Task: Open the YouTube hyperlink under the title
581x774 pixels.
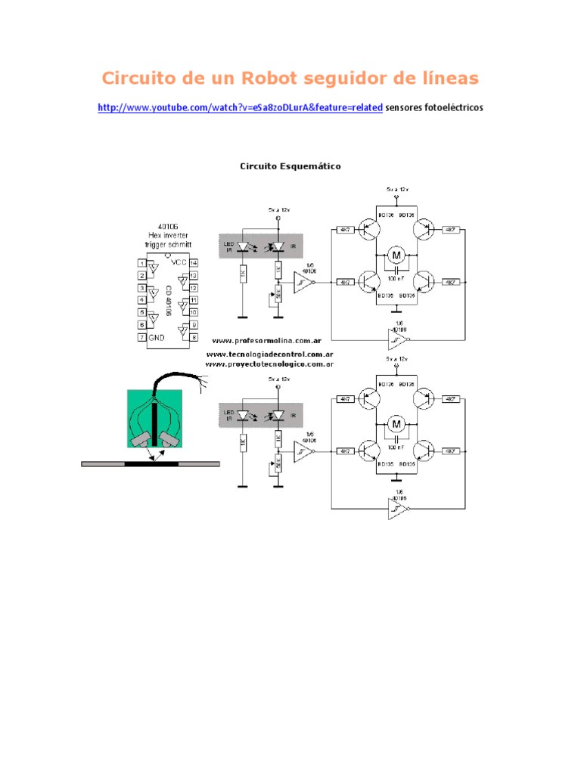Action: click(x=240, y=108)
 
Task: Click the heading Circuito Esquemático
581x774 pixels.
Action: click(x=290, y=166)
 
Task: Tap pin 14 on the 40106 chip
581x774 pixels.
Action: click(x=194, y=262)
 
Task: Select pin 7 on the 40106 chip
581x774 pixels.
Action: click(x=141, y=336)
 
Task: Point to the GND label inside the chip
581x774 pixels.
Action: click(x=157, y=336)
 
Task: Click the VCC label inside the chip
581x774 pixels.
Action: click(x=179, y=262)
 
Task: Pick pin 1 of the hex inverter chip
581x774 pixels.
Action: click(x=141, y=262)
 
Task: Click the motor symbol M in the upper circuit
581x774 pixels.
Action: click(x=396, y=255)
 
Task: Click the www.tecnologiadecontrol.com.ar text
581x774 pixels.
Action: click(x=270, y=354)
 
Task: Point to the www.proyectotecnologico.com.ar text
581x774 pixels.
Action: click(x=270, y=364)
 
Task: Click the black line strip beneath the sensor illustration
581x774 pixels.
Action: click(x=151, y=464)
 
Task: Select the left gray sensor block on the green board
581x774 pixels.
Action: click(x=141, y=442)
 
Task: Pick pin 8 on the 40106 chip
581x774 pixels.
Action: click(x=194, y=336)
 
